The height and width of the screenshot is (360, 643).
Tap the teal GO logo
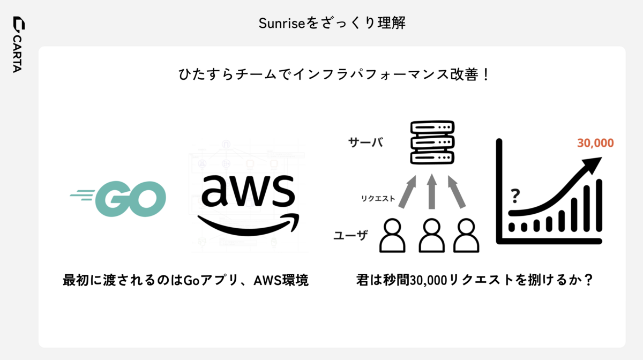click(118, 198)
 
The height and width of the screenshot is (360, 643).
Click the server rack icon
click(432, 142)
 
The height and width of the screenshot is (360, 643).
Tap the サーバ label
click(365, 142)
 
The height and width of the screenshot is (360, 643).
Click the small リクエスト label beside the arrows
click(378, 198)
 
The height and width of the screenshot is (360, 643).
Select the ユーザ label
click(350, 235)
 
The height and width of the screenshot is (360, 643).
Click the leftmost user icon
click(393, 236)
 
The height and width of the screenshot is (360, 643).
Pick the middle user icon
click(431, 236)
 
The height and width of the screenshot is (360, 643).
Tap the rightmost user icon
click(466, 236)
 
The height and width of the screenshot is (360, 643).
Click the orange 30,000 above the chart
click(595, 143)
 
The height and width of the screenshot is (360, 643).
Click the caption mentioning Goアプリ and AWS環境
click(185, 280)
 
